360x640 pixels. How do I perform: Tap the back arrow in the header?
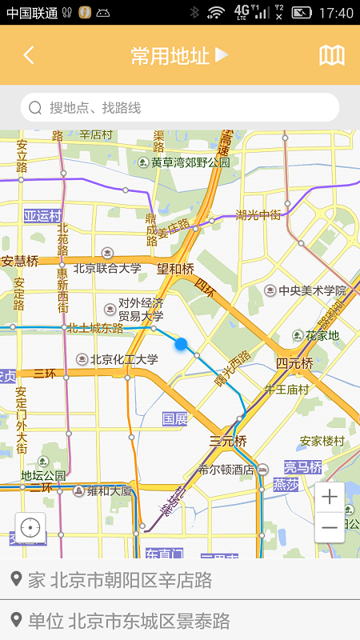tap(29, 55)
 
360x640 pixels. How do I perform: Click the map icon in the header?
tap(332, 55)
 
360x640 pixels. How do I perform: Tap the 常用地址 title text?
tap(170, 55)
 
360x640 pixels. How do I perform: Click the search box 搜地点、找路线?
tap(180, 107)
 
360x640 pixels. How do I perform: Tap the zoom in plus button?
tap(330, 497)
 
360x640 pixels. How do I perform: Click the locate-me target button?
tap(30, 528)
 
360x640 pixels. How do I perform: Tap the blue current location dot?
tap(181, 344)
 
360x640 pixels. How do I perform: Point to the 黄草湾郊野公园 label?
tap(190, 162)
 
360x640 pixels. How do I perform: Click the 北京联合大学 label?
tap(107, 269)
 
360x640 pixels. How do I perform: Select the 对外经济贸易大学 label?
tap(141, 310)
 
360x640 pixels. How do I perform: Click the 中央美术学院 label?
tap(312, 291)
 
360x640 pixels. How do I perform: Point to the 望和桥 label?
tap(175, 269)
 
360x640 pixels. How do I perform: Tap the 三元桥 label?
tap(228, 441)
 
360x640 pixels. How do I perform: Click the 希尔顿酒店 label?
tap(226, 470)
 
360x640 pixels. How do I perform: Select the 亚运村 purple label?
tap(42, 216)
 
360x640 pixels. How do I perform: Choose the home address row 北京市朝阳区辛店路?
tap(180, 580)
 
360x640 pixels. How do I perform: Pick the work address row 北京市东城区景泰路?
tap(180, 621)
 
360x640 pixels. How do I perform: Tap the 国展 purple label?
tap(175, 418)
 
